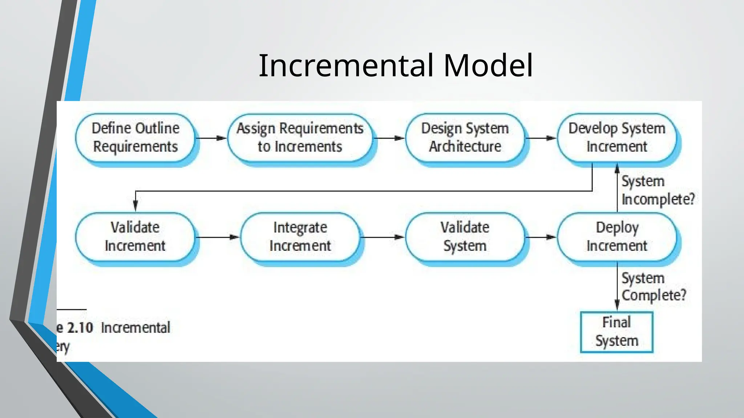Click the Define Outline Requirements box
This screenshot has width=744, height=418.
(x=135, y=138)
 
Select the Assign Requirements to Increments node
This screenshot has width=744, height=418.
(x=300, y=138)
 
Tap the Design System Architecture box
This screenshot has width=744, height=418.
(x=465, y=138)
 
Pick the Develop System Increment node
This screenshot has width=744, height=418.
(x=616, y=138)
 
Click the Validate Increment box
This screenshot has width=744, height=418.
(x=135, y=237)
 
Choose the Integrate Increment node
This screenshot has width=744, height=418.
(x=300, y=237)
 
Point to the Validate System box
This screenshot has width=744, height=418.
(x=465, y=237)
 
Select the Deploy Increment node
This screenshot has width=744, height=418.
(x=616, y=237)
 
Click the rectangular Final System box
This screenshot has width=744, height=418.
(x=616, y=332)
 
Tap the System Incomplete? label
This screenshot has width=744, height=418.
(x=658, y=190)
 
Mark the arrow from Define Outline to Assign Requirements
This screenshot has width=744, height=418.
(x=211, y=138)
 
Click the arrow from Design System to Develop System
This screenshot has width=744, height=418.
(x=541, y=138)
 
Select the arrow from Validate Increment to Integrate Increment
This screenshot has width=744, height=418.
(x=217, y=237)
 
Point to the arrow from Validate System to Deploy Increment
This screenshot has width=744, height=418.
(x=541, y=237)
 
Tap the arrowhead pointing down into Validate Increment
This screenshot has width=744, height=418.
(x=136, y=206)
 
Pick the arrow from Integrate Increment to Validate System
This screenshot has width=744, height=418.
(x=382, y=237)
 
